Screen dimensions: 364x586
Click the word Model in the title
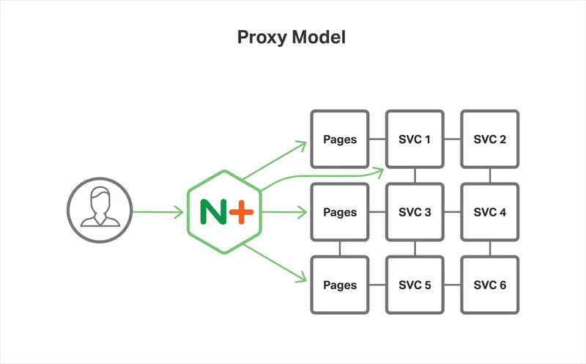(319, 37)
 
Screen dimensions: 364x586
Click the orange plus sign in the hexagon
(241, 212)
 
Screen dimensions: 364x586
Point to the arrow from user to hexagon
(157, 213)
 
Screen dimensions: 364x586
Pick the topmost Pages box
(340, 139)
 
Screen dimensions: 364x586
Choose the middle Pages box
(340, 212)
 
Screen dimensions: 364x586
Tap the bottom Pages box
(340, 285)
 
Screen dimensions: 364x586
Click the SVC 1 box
(415, 139)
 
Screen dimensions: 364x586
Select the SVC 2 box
(490, 139)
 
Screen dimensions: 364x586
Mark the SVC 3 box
(415, 212)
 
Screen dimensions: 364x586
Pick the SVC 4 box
(490, 212)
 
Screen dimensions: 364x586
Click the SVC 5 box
(415, 285)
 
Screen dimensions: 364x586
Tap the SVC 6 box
(490, 285)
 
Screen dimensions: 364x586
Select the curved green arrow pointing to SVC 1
(322, 177)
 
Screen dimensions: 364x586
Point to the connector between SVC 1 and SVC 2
(452, 139)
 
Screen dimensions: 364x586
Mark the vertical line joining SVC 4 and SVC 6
(490, 248)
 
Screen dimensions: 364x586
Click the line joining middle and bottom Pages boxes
(340, 248)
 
